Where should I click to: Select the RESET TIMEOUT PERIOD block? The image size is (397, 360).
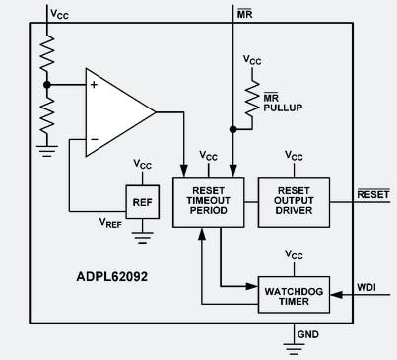click(207, 203)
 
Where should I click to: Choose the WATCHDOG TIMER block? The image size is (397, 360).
click(294, 293)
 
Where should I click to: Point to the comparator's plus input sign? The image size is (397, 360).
click(95, 85)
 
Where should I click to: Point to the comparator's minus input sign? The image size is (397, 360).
click(95, 138)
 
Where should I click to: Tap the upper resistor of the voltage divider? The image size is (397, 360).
click(46, 54)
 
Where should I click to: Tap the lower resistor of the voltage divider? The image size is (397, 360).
click(46, 118)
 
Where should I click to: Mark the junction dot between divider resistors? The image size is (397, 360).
click(46, 86)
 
